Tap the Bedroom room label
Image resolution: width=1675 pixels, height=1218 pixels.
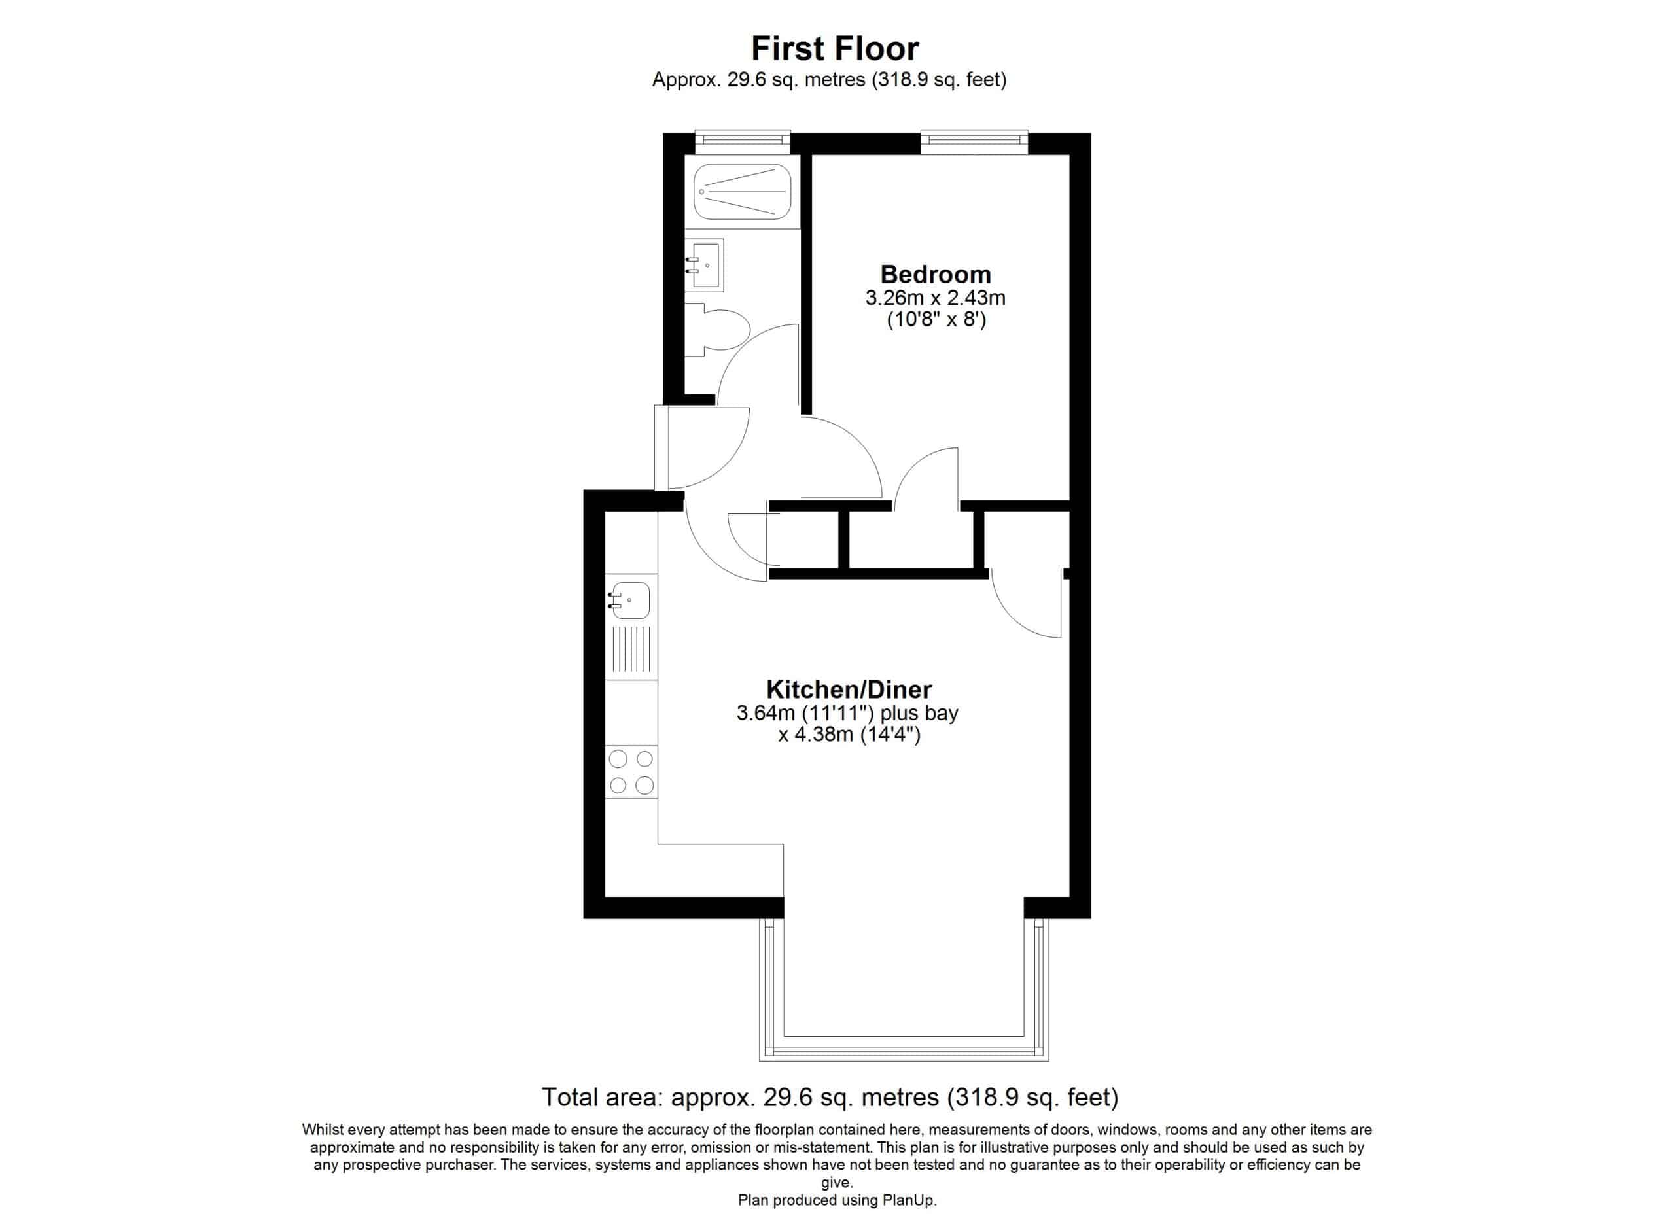[x=935, y=275]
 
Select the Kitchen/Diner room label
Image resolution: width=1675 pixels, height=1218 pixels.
[x=849, y=689]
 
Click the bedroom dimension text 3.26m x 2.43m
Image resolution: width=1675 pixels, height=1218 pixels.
[x=935, y=298]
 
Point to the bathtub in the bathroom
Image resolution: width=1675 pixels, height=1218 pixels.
[x=742, y=192]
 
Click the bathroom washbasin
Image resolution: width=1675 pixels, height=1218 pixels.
[x=705, y=264]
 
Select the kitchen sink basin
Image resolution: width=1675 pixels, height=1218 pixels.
[x=629, y=600]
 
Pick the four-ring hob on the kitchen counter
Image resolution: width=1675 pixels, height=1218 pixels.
[x=631, y=772]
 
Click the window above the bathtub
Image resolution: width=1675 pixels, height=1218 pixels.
[x=743, y=143]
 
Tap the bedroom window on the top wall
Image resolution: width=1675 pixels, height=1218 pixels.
[x=974, y=143]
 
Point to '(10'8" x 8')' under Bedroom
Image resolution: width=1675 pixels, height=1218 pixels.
[x=936, y=320]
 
